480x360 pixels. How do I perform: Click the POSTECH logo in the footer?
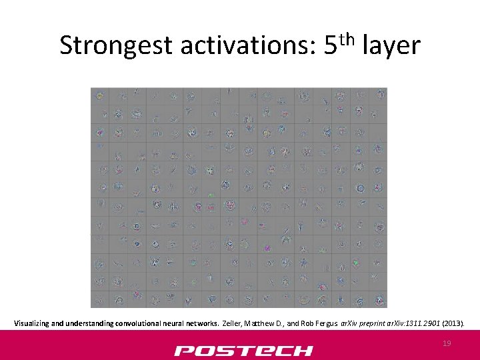[x=243, y=351]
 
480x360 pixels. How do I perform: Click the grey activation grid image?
[x=239, y=198]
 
